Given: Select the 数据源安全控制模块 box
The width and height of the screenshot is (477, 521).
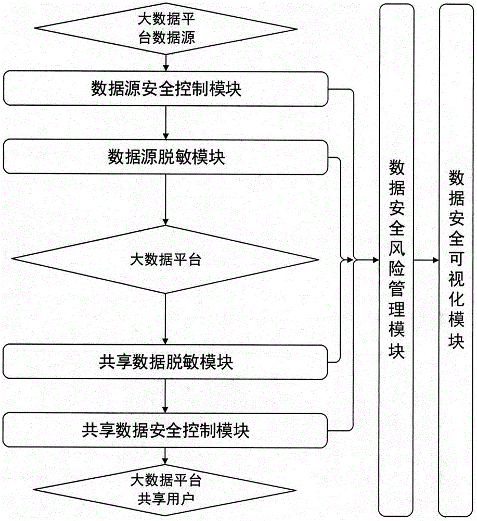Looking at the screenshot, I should tap(166, 89).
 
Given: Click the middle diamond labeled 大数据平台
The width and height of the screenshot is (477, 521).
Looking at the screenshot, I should tap(165, 259).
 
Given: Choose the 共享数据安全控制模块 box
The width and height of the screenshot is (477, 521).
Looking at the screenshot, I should tap(166, 430).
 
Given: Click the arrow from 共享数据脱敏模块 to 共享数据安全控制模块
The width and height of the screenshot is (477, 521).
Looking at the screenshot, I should tap(165, 396).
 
